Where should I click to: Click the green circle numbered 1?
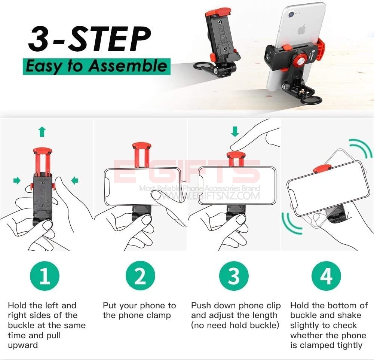coord(45,276)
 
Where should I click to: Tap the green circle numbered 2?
coord(140,276)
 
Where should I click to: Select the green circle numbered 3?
coord(234,276)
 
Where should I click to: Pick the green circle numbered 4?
coord(326,276)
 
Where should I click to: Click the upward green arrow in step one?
coord(42,132)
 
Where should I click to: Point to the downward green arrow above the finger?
coord(235,132)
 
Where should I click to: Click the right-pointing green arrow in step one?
coord(17,180)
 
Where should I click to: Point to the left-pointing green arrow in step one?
coord(75,180)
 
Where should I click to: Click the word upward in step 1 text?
coord(23,345)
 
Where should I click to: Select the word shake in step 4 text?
coord(349,315)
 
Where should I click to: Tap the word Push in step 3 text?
coord(201,306)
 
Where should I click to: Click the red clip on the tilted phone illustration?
coord(322,168)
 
